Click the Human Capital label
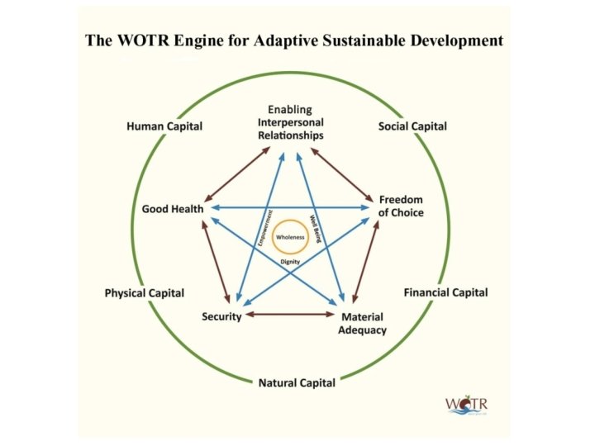pos(164,126)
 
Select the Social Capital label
pos(412,126)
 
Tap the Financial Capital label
pos(445,292)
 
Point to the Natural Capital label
pos(297,382)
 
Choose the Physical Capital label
pos(145,293)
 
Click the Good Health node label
pos(172,209)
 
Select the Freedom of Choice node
pos(401,206)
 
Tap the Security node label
pos(221,316)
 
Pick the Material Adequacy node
pos(362,324)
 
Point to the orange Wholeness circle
pos(290,237)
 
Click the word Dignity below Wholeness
pos(289,262)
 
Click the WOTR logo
pos(466,404)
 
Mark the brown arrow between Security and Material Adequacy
pos(290,315)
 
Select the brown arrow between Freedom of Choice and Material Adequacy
pos(366,263)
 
